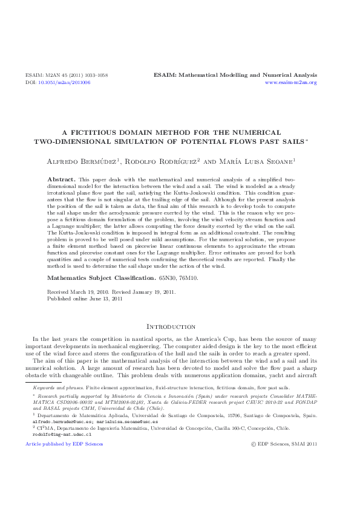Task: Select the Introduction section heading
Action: pyautogui.click(x=180, y=326)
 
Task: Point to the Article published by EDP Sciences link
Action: pyautogui.click(x=64, y=444)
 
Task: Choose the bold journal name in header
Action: pyautogui.click(x=235, y=76)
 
